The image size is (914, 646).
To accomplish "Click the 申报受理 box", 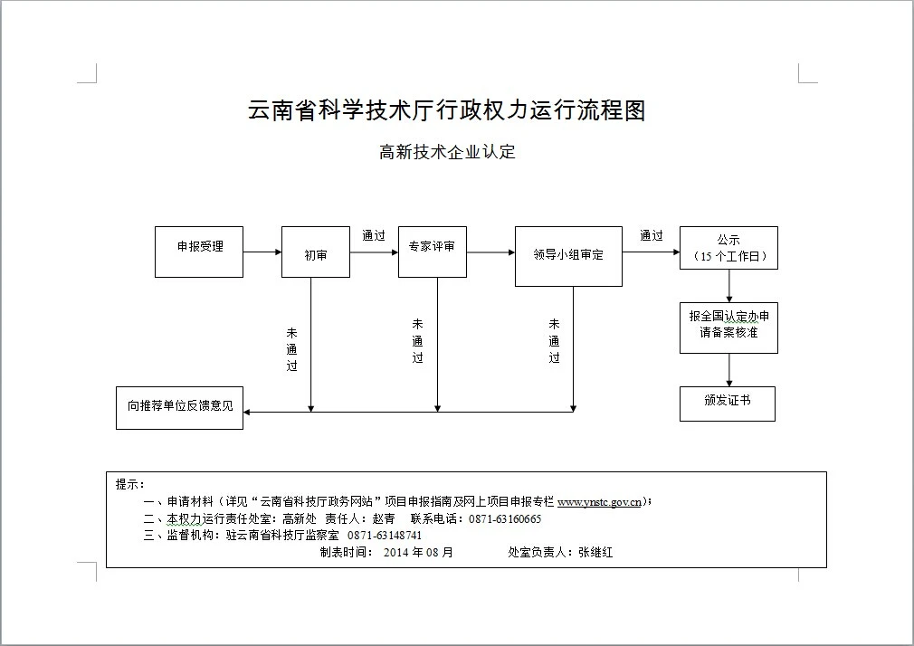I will click(199, 252).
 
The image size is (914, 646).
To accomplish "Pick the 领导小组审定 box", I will click(568, 256).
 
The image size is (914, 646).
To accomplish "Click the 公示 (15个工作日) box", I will click(728, 248).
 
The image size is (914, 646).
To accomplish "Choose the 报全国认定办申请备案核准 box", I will click(728, 327).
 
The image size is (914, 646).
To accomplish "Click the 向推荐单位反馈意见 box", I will click(180, 407).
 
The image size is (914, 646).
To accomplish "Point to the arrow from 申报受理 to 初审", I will click(262, 252).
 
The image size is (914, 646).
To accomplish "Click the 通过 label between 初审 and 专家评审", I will click(374, 235).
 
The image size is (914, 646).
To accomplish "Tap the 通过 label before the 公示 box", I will click(652, 235).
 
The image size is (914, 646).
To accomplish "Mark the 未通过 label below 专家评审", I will click(417, 340).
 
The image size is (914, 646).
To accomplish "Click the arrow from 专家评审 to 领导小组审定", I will click(490, 252).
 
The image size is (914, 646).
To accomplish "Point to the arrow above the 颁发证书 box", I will click(729, 370).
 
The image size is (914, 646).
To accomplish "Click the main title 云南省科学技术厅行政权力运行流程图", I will click(447, 111).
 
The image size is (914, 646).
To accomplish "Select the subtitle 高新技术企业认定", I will click(447, 152).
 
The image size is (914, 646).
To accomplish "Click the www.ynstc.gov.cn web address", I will click(600, 501).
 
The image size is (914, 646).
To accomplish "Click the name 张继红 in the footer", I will click(595, 552).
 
